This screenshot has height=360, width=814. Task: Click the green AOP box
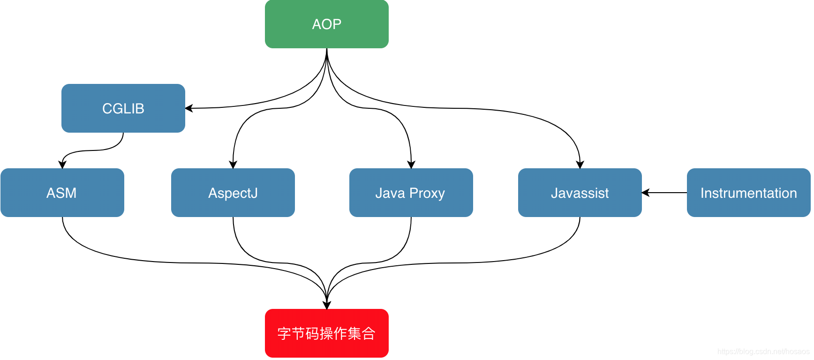pyautogui.click(x=326, y=24)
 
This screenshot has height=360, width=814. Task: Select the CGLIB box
pyautogui.click(x=123, y=108)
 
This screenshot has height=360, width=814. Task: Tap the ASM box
pyautogui.click(x=62, y=193)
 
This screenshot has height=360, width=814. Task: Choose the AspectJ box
pyautogui.click(x=233, y=193)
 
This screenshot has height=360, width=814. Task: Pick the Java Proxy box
pyautogui.click(x=411, y=193)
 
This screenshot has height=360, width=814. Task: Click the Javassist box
pyautogui.click(x=580, y=193)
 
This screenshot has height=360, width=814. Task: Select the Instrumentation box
pyautogui.click(x=748, y=193)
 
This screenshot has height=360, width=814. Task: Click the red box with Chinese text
pyautogui.click(x=326, y=333)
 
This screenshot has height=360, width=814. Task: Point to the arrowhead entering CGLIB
pyautogui.click(x=189, y=108)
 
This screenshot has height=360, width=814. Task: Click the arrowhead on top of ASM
pyautogui.click(x=62, y=165)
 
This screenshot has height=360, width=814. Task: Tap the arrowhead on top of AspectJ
pyautogui.click(x=233, y=165)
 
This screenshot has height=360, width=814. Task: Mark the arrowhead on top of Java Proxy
pyautogui.click(x=411, y=165)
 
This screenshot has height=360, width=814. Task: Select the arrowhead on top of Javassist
pyautogui.click(x=580, y=165)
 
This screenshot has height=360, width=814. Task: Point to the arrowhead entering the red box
pyautogui.click(x=327, y=305)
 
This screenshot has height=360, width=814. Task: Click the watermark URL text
pyautogui.click(x=763, y=351)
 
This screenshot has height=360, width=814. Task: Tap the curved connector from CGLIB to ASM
pyautogui.click(x=94, y=150)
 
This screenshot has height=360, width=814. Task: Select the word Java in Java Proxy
pyautogui.click(x=390, y=193)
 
